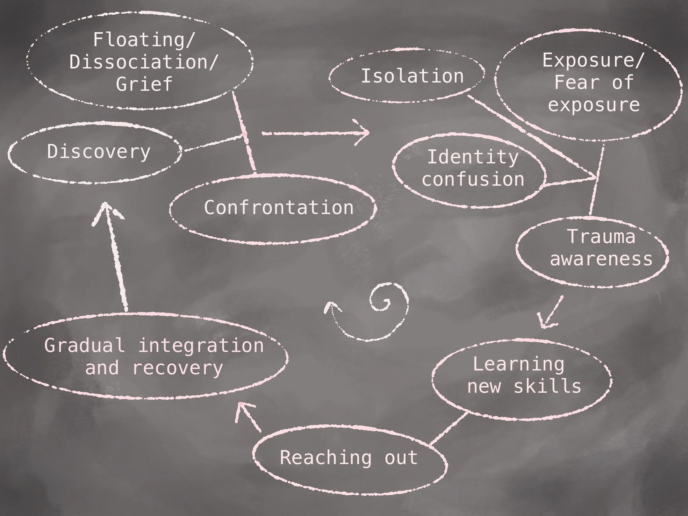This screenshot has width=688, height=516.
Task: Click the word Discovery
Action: click(x=99, y=152)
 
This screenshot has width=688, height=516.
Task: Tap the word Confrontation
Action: click(x=279, y=208)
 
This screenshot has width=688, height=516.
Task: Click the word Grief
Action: click(x=144, y=84)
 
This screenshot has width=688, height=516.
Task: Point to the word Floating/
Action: click(x=144, y=40)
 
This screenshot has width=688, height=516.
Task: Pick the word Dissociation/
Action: click(x=144, y=61)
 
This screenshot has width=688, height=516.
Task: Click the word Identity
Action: click(x=473, y=157)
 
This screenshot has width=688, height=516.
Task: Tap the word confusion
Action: click(x=473, y=179)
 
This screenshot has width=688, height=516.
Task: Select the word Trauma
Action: click(x=601, y=237)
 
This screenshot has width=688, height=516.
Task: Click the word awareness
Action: click(x=601, y=258)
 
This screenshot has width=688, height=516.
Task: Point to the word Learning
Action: click(x=518, y=364)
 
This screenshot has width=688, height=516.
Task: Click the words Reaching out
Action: click(x=349, y=458)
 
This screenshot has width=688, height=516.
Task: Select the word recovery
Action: click(x=177, y=368)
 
